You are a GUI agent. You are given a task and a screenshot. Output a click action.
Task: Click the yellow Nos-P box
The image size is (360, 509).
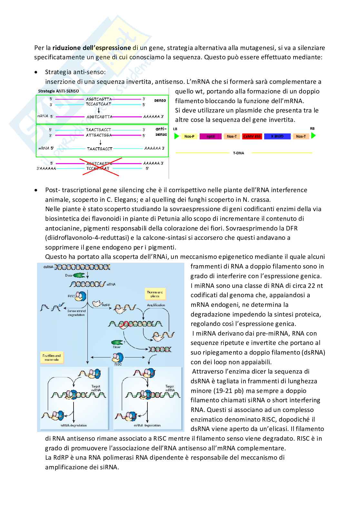(189, 136)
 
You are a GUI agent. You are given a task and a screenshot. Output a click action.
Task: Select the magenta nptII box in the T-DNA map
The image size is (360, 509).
(210, 136)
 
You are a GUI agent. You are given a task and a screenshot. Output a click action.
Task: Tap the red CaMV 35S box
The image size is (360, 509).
(252, 136)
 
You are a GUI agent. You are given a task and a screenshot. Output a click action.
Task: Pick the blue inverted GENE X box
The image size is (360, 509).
(277, 136)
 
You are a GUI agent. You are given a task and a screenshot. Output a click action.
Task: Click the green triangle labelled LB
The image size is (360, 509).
(176, 136)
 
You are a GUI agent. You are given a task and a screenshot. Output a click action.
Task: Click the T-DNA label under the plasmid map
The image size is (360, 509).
(238, 153)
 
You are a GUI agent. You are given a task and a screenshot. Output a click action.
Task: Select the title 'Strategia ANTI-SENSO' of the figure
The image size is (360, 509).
(58, 91)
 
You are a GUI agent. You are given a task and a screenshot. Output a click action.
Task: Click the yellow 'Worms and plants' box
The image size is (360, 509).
(155, 294)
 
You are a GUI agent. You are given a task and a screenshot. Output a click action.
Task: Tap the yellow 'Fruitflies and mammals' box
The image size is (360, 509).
(51, 357)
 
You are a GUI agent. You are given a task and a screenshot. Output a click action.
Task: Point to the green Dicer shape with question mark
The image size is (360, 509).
(117, 342)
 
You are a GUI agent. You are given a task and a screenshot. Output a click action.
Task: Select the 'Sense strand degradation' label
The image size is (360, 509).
(76, 313)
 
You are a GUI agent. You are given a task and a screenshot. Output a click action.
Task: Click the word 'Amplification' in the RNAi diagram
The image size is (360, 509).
(156, 305)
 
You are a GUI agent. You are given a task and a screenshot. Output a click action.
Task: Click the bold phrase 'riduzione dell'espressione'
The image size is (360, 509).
(92, 48)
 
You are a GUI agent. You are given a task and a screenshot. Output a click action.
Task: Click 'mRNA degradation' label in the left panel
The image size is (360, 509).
(74, 426)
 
